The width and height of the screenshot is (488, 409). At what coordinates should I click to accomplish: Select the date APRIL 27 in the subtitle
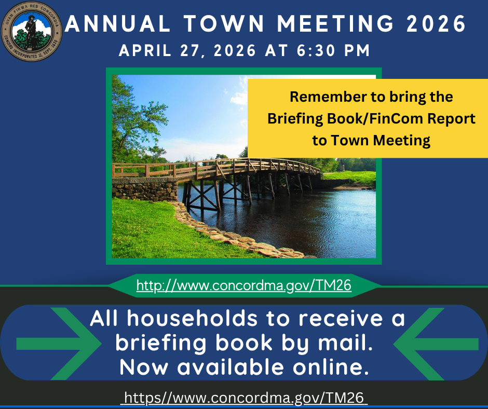157,51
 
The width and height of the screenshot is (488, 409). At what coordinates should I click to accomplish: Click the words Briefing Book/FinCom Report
371,119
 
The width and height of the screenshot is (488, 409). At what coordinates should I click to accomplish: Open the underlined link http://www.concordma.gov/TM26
244,285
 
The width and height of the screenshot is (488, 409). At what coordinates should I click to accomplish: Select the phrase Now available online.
244,367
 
